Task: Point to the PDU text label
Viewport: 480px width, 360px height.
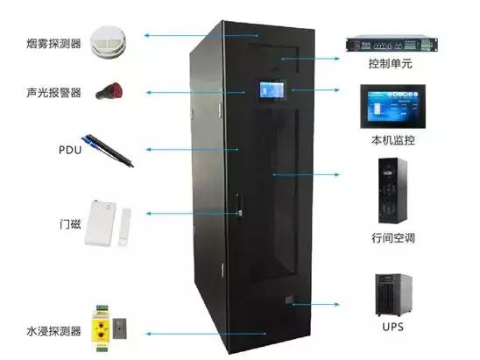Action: coord(69,150)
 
